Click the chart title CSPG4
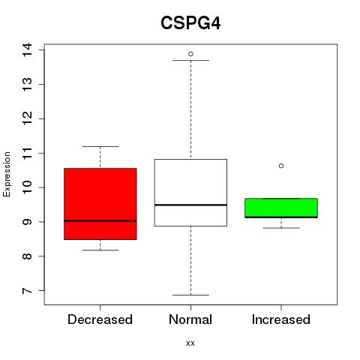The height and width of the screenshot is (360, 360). tap(190, 23)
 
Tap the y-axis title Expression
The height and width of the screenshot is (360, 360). tap(7, 174)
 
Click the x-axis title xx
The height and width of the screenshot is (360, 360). tap(190, 343)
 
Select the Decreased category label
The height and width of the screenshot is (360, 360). tap(100, 319)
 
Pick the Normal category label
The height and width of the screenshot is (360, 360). tap(190, 319)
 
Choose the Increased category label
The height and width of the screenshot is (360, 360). tap(281, 319)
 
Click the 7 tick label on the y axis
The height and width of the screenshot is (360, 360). tap(27, 290)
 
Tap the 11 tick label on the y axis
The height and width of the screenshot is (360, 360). tap(27, 153)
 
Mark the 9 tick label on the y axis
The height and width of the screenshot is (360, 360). tap(27, 222)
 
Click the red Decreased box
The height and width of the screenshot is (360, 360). tap(100, 204)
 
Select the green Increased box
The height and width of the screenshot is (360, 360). tap(281, 208)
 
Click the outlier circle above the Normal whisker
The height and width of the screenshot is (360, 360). tap(190, 54)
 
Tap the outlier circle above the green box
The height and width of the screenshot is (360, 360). tap(281, 166)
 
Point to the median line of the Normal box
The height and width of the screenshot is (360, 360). tap(190, 205)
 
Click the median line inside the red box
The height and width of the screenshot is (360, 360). tap(100, 220)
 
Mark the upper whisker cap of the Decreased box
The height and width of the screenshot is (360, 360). tap(100, 146)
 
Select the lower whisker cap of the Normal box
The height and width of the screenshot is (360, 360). tap(190, 295)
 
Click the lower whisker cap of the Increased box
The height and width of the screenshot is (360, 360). tap(281, 228)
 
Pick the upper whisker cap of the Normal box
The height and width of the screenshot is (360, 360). tap(190, 60)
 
